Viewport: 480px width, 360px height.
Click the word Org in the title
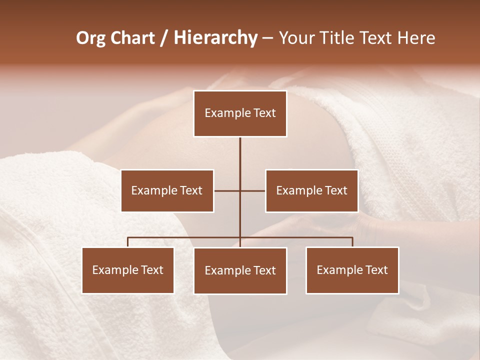click(x=90, y=38)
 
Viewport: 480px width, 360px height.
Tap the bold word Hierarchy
click(x=215, y=38)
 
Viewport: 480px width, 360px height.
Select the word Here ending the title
click(x=417, y=38)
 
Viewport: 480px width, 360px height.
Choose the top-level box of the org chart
click(x=240, y=113)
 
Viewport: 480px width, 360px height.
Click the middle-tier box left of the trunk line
click(x=167, y=190)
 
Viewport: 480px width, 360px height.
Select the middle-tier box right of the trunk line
click(x=311, y=190)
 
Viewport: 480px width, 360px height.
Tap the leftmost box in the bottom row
click(x=128, y=270)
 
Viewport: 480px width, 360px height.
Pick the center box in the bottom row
click(x=240, y=270)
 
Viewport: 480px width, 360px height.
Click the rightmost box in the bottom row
click(x=352, y=270)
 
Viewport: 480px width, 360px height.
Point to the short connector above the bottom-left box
click(x=128, y=242)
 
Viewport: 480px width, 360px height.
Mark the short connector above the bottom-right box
click(x=352, y=242)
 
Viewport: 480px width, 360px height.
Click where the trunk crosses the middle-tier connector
click(x=240, y=190)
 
